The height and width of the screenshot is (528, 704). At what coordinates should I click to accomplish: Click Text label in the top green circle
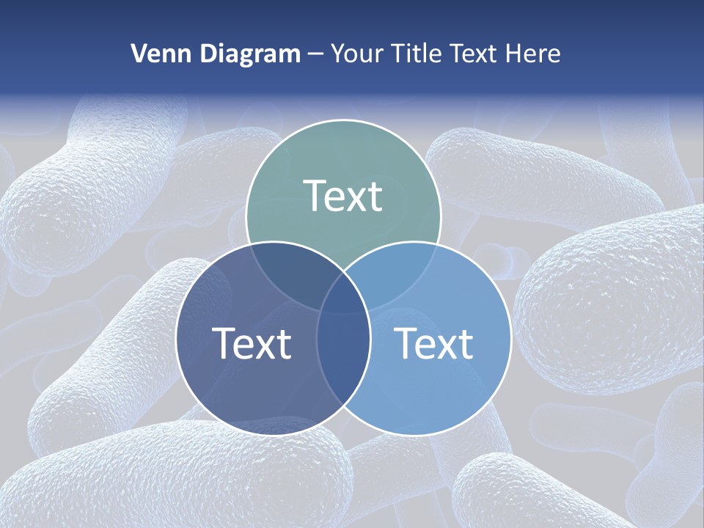(343, 196)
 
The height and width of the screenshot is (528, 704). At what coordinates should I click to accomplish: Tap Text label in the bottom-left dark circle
(252, 342)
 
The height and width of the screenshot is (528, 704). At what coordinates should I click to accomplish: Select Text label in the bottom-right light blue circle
(434, 342)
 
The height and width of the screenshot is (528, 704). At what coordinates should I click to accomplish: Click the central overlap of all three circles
(343, 290)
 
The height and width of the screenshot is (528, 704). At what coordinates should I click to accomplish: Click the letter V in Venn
(139, 54)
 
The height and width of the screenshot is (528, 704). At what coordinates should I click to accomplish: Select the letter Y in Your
(338, 54)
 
